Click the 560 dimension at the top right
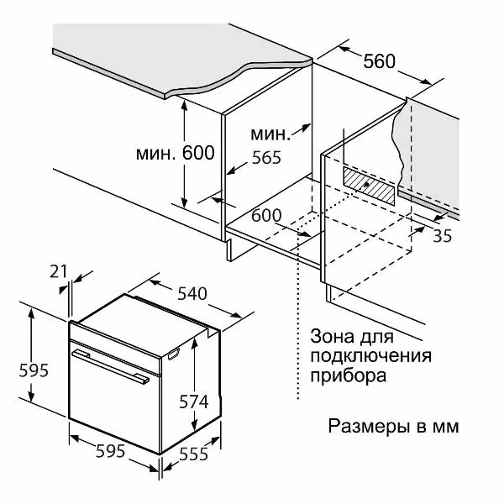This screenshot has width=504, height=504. (380, 61)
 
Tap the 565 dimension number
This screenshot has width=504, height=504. (266, 158)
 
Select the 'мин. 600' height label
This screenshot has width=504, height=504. (176, 153)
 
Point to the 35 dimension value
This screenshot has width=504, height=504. (443, 235)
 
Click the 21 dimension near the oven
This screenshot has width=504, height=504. (59, 271)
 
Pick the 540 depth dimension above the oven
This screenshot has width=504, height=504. (192, 293)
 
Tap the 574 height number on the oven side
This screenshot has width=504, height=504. (194, 402)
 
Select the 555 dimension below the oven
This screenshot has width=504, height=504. (194, 454)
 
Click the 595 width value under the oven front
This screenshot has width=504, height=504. (110, 451)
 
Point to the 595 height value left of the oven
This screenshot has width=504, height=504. (34, 370)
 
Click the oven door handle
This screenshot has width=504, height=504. (111, 367)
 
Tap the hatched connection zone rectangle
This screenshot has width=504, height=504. (369, 186)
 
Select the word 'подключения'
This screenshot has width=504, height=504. (371, 356)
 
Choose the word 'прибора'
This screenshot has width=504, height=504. (348, 375)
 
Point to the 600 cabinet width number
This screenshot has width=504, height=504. (266, 215)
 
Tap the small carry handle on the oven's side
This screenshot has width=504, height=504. (173, 354)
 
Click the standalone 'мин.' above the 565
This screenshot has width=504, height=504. (270, 134)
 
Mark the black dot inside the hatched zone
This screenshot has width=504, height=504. (366, 185)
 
